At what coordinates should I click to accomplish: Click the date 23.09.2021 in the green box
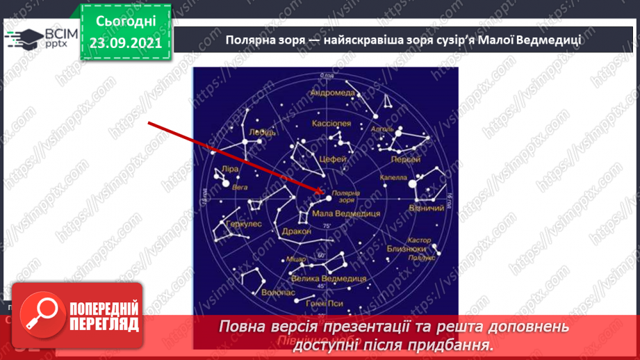coord(125,42)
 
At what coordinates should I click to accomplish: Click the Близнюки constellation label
coord(407,247)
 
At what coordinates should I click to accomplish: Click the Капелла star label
coord(394,178)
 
